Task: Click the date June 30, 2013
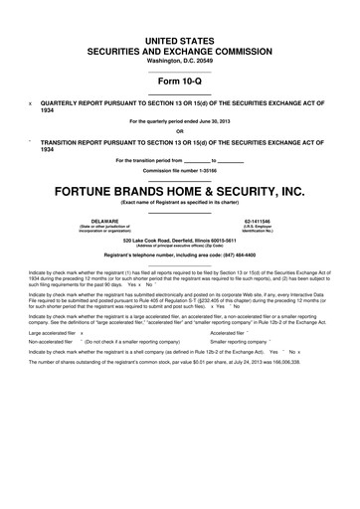click(215, 122)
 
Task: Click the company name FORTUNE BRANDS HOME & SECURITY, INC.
click(179, 188)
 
